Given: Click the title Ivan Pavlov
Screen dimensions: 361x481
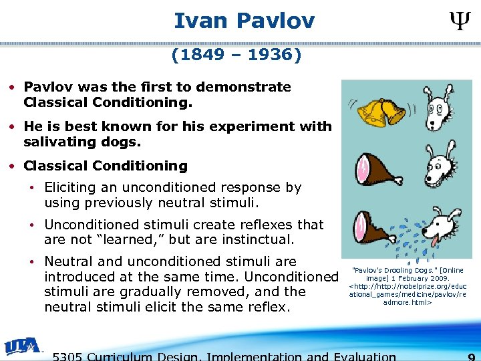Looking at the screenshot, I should pos(244,21).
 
